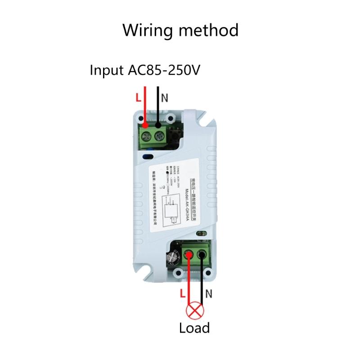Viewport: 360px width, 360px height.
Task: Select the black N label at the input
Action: [x=164, y=97]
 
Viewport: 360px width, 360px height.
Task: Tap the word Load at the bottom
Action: [x=194, y=328]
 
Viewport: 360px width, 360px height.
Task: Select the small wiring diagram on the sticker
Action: [x=171, y=212]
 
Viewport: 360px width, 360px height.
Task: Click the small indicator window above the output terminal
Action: [x=201, y=234]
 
